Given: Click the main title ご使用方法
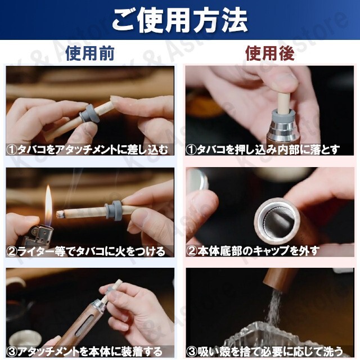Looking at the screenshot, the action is pyautogui.click(x=180, y=21).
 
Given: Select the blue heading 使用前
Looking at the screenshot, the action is pyautogui.click(x=90, y=53).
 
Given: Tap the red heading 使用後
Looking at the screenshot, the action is pyautogui.click(x=269, y=53).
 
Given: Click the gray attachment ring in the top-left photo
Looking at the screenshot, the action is pyautogui.click(x=89, y=114).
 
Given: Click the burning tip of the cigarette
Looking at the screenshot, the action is pyautogui.click(x=60, y=214).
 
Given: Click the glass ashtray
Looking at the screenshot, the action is pyautogui.click(x=276, y=337).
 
